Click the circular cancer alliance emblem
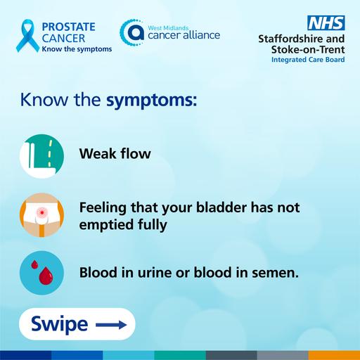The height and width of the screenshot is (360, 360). click(x=131, y=32)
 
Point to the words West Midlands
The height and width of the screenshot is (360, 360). click(x=167, y=25)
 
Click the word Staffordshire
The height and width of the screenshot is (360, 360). click(x=293, y=39)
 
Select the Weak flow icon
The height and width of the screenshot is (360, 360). click(x=41, y=153)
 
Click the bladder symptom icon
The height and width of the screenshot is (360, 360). click(x=41, y=215)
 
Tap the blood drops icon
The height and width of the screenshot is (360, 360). click(x=41, y=271)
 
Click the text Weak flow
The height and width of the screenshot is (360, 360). click(x=115, y=153)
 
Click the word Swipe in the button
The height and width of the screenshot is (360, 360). click(x=60, y=324)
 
